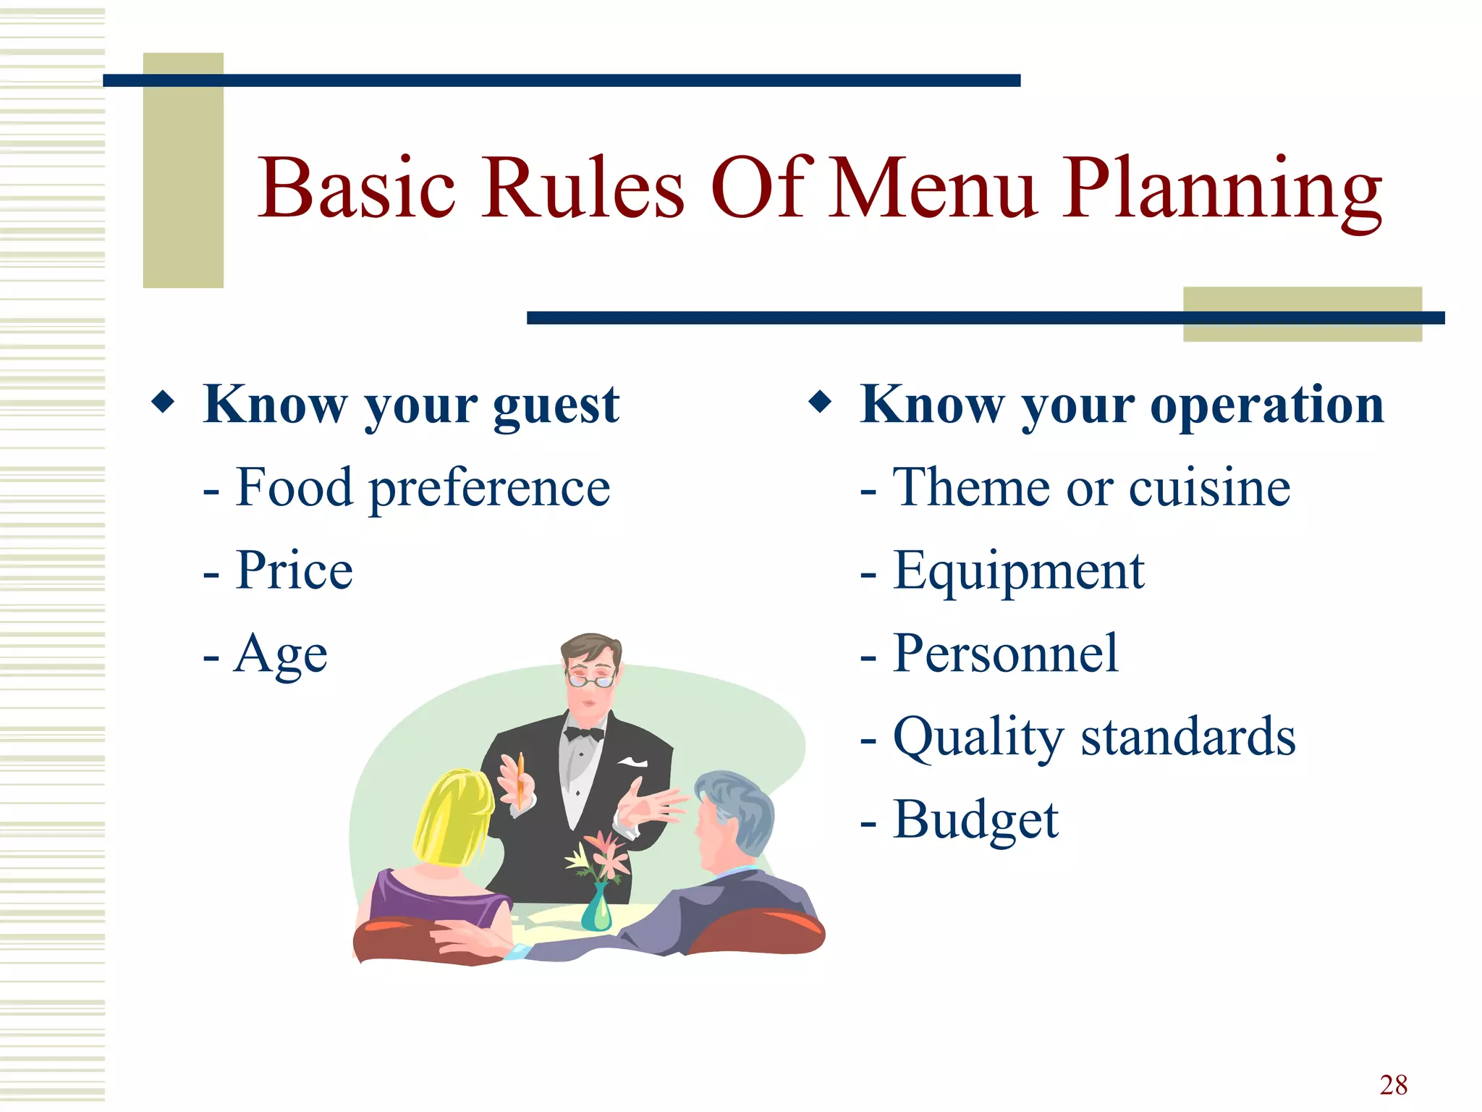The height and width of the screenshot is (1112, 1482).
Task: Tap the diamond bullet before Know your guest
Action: click(164, 402)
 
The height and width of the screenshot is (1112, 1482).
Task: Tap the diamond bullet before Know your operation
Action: click(820, 402)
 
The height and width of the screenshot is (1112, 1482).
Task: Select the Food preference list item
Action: click(423, 488)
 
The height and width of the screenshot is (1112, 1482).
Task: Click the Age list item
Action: click(279, 654)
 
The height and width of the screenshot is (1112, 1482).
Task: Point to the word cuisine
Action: click(1209, 488)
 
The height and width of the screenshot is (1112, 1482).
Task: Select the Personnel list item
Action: click(1006, 654)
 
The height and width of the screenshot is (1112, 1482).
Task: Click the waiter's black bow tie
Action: click(584, 734)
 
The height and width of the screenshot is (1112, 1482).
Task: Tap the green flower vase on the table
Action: click(596, 909)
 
